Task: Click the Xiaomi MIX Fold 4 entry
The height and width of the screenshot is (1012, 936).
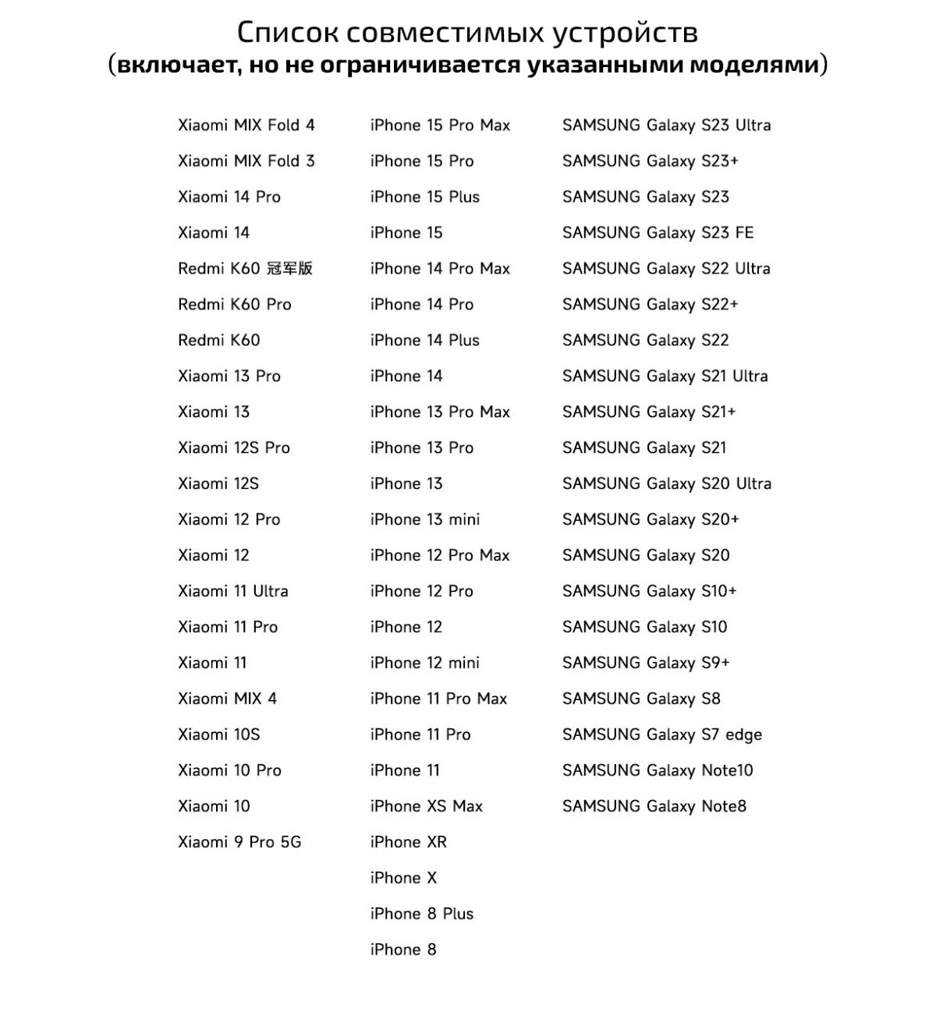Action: click(246, 125)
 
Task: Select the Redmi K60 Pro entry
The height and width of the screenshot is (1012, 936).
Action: click(234, 304)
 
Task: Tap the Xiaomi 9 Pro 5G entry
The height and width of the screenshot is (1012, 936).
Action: click(239, 842)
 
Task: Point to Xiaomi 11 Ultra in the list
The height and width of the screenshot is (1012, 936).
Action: click(232, 591)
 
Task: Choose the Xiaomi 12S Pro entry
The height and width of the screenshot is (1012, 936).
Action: click(233, 448)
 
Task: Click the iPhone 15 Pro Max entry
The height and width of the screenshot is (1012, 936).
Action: click(440, 125)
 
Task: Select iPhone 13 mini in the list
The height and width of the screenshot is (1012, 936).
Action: click(424, 519)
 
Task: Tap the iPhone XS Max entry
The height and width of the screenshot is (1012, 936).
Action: click(426, 806)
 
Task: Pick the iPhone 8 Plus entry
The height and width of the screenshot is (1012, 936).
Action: click(421, 914)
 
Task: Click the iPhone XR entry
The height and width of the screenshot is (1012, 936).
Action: click(408, 842)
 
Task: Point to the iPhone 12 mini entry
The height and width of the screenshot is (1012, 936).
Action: click(424, 663)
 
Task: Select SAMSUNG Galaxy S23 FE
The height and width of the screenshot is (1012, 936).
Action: click(658, 232)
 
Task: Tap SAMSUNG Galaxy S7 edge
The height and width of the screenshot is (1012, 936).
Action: click(661, 734)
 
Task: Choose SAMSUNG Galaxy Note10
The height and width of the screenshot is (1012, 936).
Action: click(658, 770)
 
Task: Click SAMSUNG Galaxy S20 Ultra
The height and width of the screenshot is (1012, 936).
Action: click(666, 483)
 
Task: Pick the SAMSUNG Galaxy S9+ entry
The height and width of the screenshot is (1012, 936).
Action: click(646, 663)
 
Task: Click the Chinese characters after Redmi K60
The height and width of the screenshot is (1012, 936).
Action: click(289, 268)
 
